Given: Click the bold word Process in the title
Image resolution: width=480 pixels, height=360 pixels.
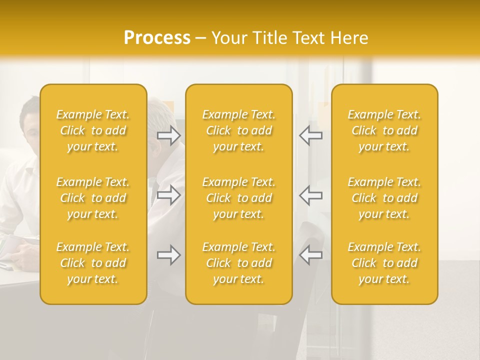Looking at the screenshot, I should (157, 38).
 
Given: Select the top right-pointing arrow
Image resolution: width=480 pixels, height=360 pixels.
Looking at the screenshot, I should (169, 135).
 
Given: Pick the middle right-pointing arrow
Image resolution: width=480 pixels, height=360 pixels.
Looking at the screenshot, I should (169, 195).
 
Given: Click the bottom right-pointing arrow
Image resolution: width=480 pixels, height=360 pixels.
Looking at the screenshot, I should (169, 255).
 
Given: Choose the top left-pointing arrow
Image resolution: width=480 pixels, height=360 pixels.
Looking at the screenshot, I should (310, 135).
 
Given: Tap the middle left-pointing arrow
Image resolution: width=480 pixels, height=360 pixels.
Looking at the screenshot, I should (310, 195).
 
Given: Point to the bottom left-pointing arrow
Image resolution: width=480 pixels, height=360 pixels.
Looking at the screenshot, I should (310, 255).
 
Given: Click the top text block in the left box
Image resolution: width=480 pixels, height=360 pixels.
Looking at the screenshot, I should (93, 130).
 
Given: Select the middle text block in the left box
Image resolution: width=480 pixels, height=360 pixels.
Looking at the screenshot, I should (93, 198).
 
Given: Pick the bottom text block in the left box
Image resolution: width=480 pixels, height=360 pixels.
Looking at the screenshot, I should (93, 263).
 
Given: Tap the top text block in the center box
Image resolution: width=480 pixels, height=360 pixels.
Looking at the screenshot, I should (238, 130).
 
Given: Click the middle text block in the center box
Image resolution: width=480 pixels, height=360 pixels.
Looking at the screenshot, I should (238, 198).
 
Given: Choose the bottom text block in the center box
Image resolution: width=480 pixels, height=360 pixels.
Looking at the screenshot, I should (238, 263).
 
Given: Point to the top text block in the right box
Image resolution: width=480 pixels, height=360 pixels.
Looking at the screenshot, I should (384, 130).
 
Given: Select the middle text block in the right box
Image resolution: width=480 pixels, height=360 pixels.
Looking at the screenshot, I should (384, 198).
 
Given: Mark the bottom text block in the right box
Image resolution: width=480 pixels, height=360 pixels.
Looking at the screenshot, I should (384, 263).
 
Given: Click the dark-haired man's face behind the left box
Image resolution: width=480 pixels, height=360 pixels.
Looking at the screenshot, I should (32, 127).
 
